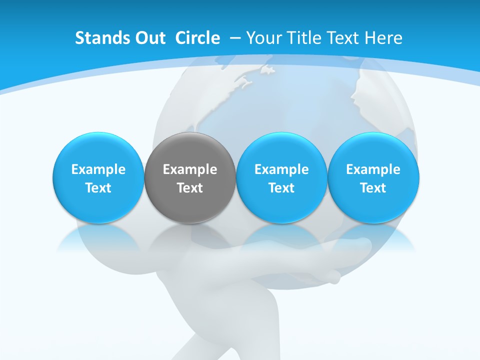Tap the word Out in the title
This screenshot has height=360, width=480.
pyautogui.click(x=148, y=38)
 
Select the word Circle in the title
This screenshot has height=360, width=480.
pyautogui.click(x=197, y=38)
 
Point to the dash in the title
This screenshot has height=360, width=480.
pyautogui.click(x=234, y=38)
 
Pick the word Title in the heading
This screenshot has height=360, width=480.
pyautogui.click(x=301, y=38)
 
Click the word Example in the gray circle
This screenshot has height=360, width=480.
pyautogui.click(x=190, y=169)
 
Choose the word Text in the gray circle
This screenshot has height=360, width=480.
pyautogui.click(x=190, y=188)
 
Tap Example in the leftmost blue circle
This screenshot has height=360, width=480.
pyautogui.click(x=98, y=169)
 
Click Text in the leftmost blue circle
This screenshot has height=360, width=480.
pyautogui.click(x=98, y=188)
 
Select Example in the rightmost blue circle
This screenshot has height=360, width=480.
pyautogui.click(x=373, y=169)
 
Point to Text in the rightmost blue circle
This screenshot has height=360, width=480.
pyautogui.click(x=373, y=188)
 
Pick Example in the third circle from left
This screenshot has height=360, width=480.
pyautogui.click(x=281, y=169)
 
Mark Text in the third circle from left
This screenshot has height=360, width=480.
pyautogui.click(x=281, y=188)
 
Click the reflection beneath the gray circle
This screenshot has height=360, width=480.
pyautogui.click(x=190, y=237)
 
